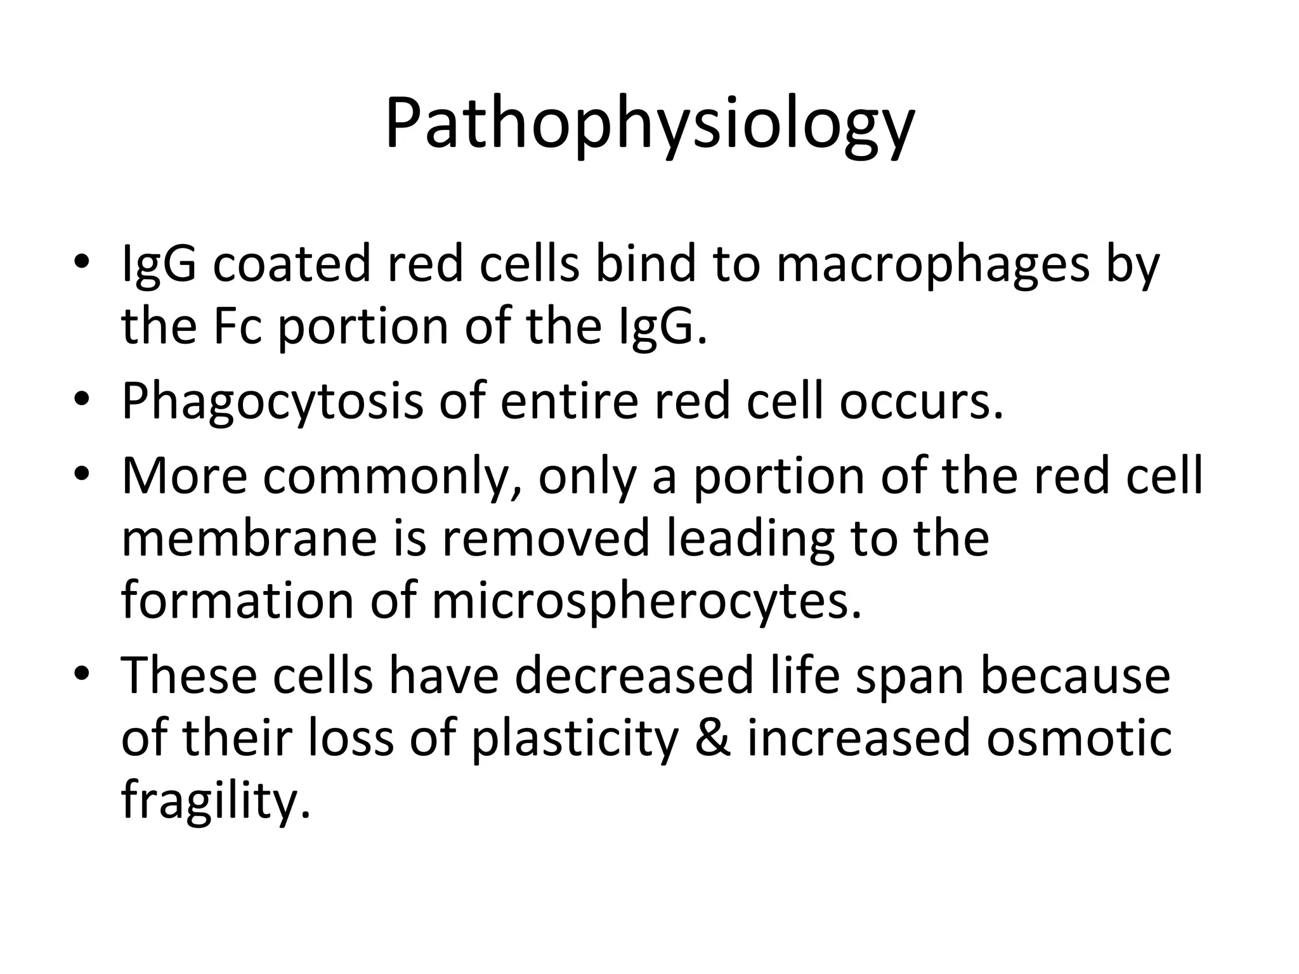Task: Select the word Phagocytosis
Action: (272, 402)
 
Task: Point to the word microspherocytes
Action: (647, 602)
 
